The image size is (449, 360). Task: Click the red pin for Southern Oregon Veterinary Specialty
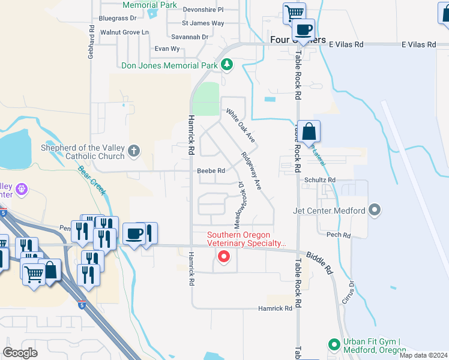(224, 257)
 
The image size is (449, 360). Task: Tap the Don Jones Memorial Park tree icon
(227, 64)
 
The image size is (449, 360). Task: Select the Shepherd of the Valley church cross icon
(133, 151)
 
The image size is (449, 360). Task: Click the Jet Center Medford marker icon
(375, 210)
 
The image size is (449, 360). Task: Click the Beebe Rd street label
(211, 171)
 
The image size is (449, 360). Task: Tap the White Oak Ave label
(241, 125)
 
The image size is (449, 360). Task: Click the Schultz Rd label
(319, 180)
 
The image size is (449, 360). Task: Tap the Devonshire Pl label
(202, 10)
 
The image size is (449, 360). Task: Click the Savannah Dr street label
(194, 37)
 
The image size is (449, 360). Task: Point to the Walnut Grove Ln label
(124, 32)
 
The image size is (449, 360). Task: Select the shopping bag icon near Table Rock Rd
(309, 131)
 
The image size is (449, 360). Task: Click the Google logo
(20, 352)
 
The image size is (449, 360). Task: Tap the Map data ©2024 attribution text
(423, 355)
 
